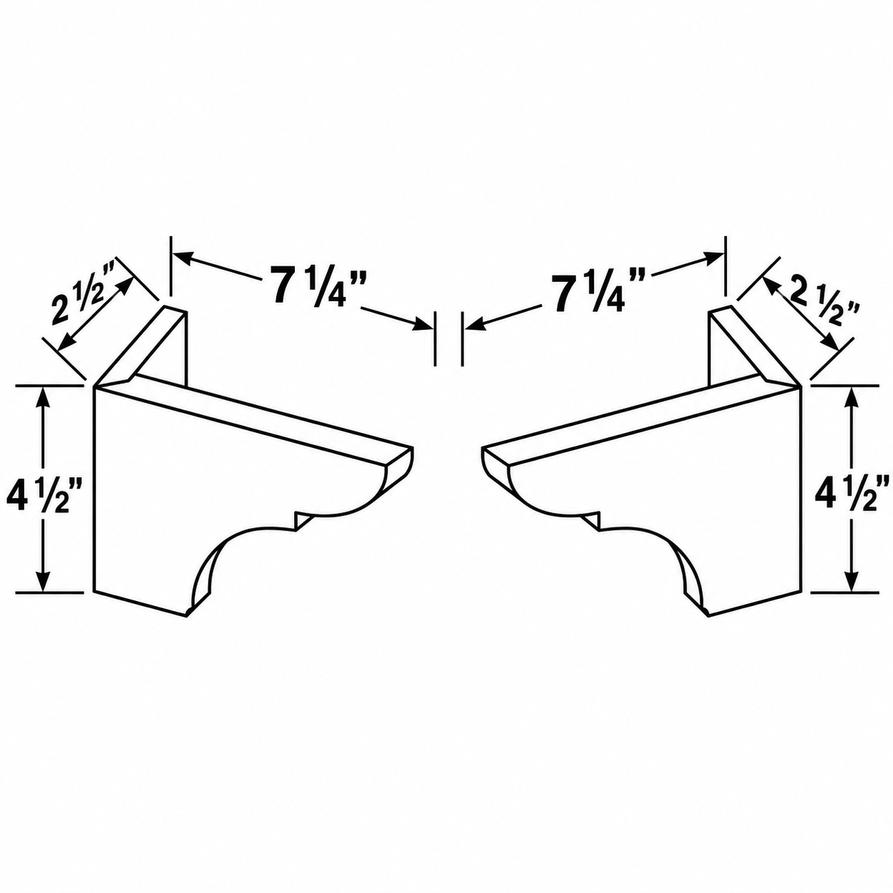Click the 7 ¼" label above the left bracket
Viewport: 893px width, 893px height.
click(315, 286)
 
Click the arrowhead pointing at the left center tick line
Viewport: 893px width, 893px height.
click(422, 325)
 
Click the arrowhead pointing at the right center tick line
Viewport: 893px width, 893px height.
click(475, 325)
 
